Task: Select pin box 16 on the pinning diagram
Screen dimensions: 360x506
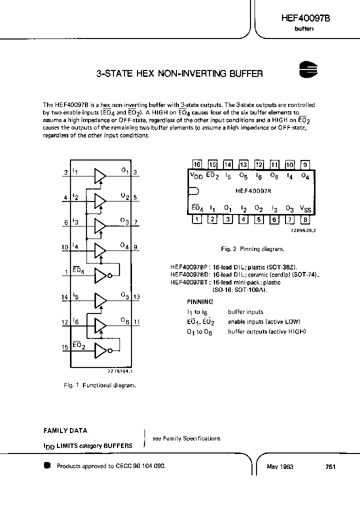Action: point(197,164)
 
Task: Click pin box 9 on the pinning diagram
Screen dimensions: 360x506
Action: point(305,164)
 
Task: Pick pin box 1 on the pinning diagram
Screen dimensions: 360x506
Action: point(197,218)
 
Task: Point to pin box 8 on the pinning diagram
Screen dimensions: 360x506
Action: point(305,218)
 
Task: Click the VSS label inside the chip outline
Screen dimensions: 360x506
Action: point(304,208)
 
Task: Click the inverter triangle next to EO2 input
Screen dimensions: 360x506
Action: point(101,350)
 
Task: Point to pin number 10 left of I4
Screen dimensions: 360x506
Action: point(65,246)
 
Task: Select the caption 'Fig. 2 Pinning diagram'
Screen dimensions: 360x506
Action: point(252,248)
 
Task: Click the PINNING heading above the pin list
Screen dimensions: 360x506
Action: point(200,302)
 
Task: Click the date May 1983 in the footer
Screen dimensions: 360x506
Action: point(280,466)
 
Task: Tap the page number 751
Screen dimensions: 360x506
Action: point(330,466)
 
